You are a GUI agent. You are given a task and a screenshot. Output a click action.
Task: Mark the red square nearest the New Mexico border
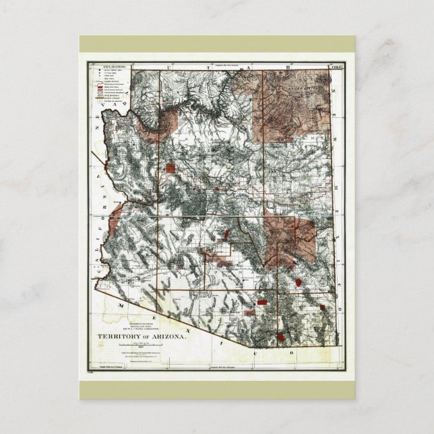322,307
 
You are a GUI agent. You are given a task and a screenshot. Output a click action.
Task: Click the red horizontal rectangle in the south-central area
249,313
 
